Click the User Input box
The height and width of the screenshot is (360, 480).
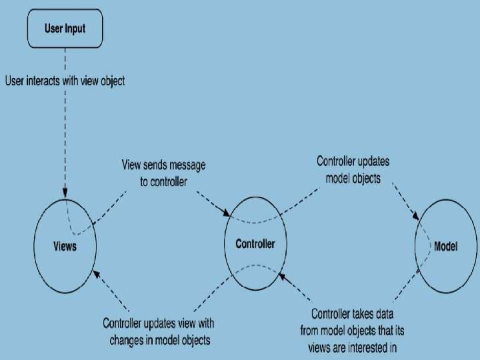[65, 29]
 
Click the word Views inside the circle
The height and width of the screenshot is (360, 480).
[65, 247]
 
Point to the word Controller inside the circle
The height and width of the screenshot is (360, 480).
[255, 244]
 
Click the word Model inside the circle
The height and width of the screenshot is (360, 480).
[446, 246]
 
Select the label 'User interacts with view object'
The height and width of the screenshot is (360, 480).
[65, 81]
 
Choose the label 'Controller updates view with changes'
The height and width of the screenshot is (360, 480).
[159, 331]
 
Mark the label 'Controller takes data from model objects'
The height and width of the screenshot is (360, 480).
[359, 329]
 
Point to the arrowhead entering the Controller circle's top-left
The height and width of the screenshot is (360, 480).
[227, 213]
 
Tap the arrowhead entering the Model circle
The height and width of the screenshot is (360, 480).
[418, 217]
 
